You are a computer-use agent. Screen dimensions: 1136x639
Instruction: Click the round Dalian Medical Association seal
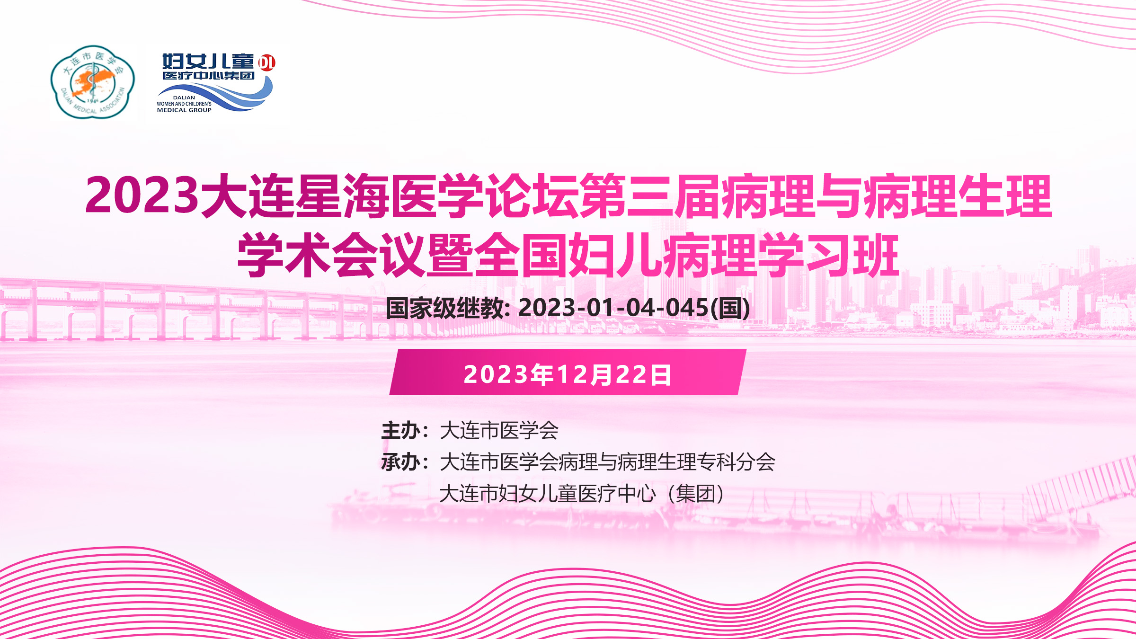click(x=93, y=82)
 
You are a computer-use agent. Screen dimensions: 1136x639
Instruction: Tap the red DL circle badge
click(x=267, y=62)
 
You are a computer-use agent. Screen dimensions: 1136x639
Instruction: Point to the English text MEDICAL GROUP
click(x=184, y=110)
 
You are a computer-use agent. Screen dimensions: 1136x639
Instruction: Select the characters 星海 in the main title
click(x=342, y=195)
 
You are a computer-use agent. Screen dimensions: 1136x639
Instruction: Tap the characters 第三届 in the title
click(x=649, y=195)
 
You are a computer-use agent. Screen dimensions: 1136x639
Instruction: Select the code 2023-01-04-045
click(x=613, y=308)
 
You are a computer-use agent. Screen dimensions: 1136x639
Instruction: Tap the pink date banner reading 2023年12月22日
click(x=568, y=372)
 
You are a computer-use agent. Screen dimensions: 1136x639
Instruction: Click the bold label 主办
click(x=401, y=431)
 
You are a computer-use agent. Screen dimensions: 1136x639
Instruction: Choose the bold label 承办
click(x=401, y=462)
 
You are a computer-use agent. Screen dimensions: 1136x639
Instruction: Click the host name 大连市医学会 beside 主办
click(x=499, y=431)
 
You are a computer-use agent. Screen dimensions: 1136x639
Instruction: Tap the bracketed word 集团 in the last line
click(x=695, y=494)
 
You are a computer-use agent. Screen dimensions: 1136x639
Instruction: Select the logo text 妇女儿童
click(x=208, y=62)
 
